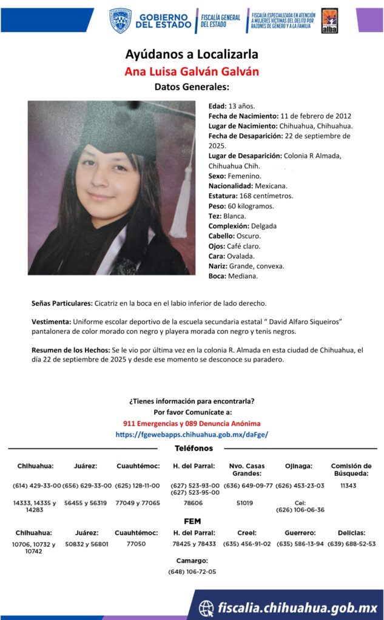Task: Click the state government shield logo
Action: (x=120, y=21)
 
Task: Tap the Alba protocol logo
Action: (x=329, y=21)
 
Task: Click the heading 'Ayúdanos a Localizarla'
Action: (x=192, y=55)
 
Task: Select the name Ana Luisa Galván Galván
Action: (x=192, y=71)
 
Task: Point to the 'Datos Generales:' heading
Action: (x=192, y=87)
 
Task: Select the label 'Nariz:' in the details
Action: (x=218, y=266)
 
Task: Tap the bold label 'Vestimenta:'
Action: (x=51, y=321)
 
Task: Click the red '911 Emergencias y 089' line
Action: (x=192, y=423)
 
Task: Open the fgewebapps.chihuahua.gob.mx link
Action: (x=192, y=434)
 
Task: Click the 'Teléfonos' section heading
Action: (x=194, y=449)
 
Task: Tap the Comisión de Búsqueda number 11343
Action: (x=348, y=486)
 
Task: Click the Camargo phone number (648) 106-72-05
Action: (x=192, y=572)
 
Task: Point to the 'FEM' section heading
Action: (x=192, y=521)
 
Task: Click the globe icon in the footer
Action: (x=207, y=607)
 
